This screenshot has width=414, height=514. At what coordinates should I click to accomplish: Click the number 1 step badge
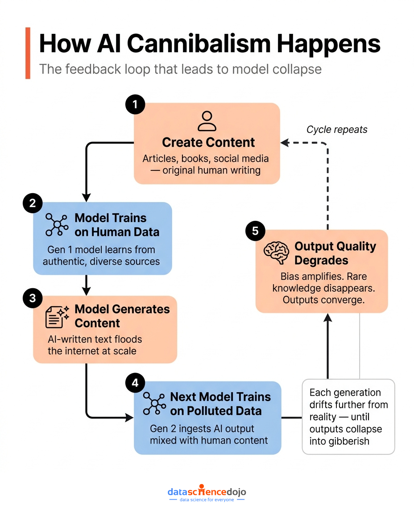(x=135, y=104)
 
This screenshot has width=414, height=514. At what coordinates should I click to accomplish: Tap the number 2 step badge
(x=33, y=203)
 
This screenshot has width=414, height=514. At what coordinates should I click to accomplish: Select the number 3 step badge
(x=33, y=298)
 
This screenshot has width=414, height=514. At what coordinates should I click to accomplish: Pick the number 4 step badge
(x=135, y=382)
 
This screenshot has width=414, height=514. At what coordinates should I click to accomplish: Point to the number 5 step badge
(x=255, y=231)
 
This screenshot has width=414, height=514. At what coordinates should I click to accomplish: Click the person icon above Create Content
(x=207, y=121)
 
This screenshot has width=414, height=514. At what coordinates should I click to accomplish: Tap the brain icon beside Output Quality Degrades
(x=276, y=253)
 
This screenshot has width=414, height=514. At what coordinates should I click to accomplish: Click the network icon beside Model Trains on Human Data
(x=57, y=224)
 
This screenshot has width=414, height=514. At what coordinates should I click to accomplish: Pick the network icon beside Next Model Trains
(x=154, y=403)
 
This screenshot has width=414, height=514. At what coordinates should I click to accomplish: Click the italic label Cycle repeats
(x=337, y=129)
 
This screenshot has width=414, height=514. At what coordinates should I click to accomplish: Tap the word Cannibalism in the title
(x=199, y=44)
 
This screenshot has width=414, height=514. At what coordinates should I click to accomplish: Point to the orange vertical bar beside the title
(x=28, y=53)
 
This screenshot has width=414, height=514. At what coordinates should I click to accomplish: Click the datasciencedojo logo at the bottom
(x=207, y=493)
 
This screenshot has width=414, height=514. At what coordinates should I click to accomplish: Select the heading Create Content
(x=208, y=142)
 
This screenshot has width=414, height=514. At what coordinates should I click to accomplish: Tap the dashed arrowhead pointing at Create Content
(x=285, y=143)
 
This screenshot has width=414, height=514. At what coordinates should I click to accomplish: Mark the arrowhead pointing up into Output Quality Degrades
(x=328, y=318)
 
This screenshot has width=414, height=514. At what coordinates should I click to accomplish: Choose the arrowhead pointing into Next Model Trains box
(x=129, y=418)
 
